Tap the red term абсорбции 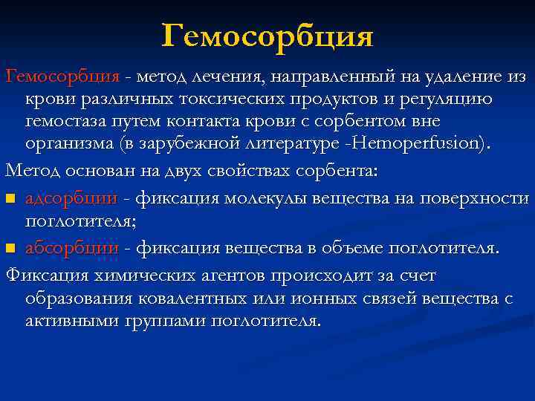click(x=71, y=247)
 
